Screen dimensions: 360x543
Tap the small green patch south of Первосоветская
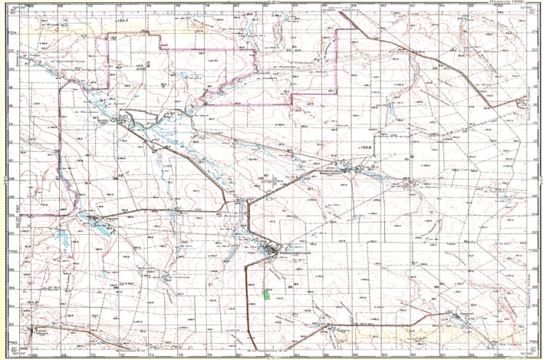[266, 292]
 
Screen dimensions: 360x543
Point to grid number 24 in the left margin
[11, 34]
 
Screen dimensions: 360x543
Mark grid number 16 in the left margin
[11, 105]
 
